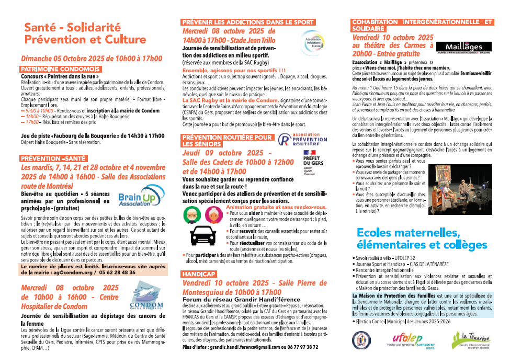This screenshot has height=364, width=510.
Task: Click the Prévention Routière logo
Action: (299, 140)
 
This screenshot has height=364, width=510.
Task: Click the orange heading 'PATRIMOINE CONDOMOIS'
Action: (60, 69)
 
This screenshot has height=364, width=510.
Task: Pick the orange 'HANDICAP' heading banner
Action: (199, 274)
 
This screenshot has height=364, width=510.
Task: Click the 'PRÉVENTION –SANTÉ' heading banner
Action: (52, 158)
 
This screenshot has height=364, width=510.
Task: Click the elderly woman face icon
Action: (213, 214)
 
